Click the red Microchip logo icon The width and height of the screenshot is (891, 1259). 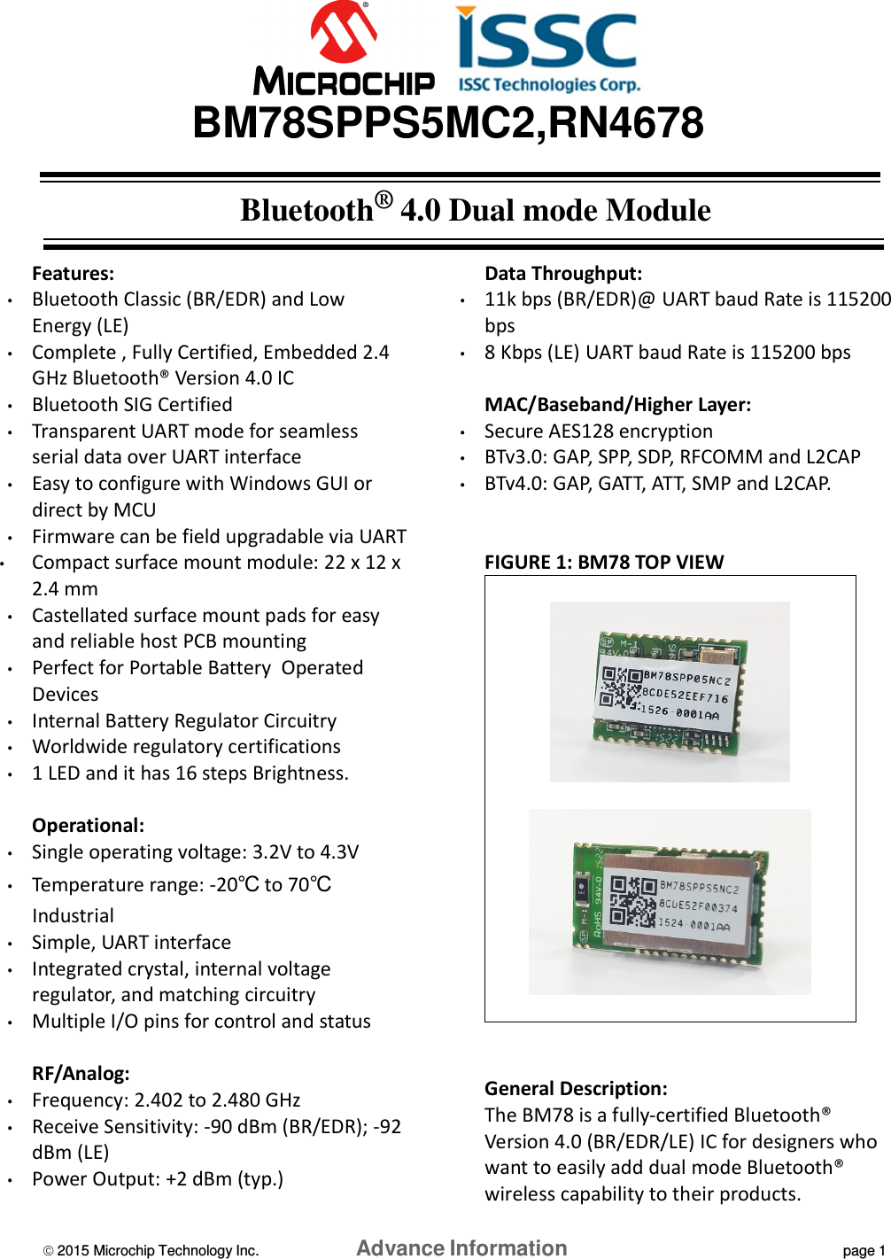pyautogui.click(x=343, y=34)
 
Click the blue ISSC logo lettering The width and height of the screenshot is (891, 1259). pyautogui.click(x=546, y=41)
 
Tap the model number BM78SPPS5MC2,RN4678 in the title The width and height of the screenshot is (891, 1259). pyautogui.click(x=448, y=123)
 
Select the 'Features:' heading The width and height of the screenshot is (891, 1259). pyautogui.click(x=73, y=274)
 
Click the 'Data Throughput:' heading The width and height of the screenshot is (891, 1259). pyautogui.click(x=563, y=274)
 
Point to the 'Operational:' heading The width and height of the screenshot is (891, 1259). pyautogui.click(x=88, y=826)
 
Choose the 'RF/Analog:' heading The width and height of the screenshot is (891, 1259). pyautogui.click(x=81, y=1074)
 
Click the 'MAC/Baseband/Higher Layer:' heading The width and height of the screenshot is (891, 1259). pyautogui.click(x=617, y=405)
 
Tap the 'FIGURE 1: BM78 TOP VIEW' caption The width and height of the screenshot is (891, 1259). pyautogui.click(x=604, y=563)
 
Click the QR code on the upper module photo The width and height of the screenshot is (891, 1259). pyautogui.click(x=621, y=688)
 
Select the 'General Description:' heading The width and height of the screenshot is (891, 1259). pyautogui.click(x=576, y=1089)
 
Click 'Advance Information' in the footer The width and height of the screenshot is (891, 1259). pyautogui.click(x=461, y=1248)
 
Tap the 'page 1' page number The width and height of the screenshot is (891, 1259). pyautogui.click(x=864, y=1250)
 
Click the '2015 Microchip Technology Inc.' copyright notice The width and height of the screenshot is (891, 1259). pyautogui.click(x=151, y=1250)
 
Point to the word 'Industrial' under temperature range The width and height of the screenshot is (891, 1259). pyautogui.click(x=73, y=916)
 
